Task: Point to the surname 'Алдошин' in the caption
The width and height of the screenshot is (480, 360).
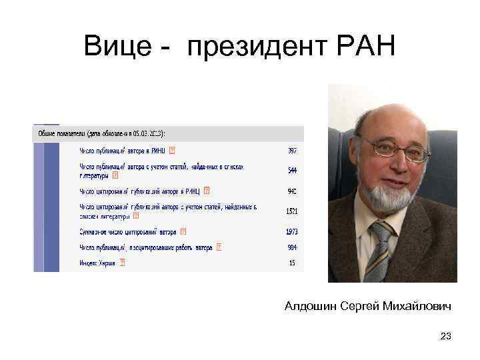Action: (x=310, y=306)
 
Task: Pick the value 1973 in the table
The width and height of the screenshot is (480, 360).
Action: (x=291, y=231)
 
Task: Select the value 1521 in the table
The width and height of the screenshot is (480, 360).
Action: (x=291, y=211)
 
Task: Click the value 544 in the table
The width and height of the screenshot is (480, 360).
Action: (x=292, y=171)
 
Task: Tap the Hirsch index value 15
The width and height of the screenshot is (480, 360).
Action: (x=293, y=263)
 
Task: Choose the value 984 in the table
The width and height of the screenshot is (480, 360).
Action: (x=292, y=247)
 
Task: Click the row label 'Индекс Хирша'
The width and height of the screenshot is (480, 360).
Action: (x=97, y=263)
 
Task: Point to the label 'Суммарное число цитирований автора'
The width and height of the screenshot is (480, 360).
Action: (x=129, y=231)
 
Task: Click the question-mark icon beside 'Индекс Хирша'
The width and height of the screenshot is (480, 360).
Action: (x=121, y=263)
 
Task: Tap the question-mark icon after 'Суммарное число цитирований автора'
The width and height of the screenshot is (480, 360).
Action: (x=183, y=231)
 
